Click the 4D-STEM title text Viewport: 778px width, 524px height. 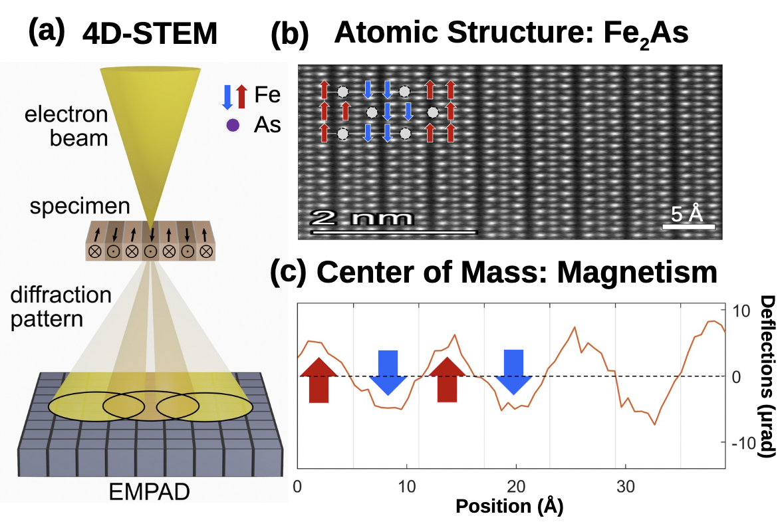pyautogui.click(x=150, y=33)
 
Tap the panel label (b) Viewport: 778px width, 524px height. pyautogui.click(x=290, y=35)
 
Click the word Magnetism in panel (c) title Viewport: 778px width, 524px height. pyautogui.click(x=637, y=273)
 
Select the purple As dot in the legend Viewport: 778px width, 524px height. pyautogui.click(x=233, y=125)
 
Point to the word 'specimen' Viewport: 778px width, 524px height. pyautogui.click(x=80, y=206)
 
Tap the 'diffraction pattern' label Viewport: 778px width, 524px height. pyautogui.click(x=61, y=307)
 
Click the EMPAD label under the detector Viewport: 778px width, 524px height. pyautogui.click(x=150, y=491)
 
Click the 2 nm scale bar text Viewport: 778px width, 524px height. pyautogui.click(x=361, y=217)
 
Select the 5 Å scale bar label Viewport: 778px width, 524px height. pyautogui.click(x=687, y=213)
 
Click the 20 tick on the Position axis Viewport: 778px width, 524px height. pyautogui.click(x=516, y=486)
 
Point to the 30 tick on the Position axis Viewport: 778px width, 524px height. pyautogui.click(x=625, y=486)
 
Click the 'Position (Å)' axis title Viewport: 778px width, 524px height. pyautogui.click(x=509, y=506)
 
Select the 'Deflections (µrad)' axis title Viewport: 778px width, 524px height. pyautogui.click(x=767, y=376)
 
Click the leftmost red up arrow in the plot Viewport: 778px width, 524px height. pyautogui.click(x=319, y=380)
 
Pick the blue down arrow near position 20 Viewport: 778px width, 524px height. pyautogui.click(x=513, y=372)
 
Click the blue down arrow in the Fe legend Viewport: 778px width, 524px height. pyautogui.click(x=227, y=97)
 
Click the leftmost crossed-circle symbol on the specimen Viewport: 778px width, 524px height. pyautogui.click(x=94, y=251)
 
